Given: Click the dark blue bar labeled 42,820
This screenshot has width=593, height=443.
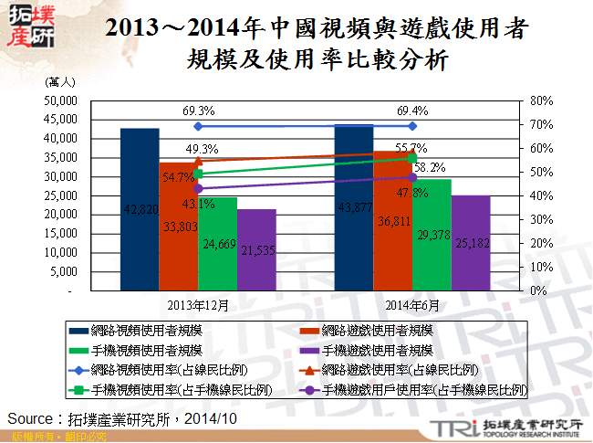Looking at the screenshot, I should click(x=140, y=219).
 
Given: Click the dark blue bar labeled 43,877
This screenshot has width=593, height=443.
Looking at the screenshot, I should click(x=354, y=219).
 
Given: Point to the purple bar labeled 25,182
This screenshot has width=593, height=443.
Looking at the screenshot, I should click(x=471, y=251).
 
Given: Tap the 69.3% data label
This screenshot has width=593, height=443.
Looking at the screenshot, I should click(x=198, y=111).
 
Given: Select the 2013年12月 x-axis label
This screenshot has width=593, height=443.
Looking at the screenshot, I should click(x=198, y=304).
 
